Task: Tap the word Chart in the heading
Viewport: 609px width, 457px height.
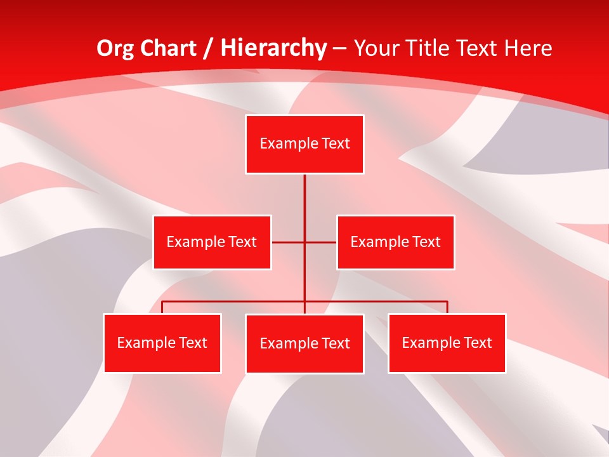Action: click(168, 48)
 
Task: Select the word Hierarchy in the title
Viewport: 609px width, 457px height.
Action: click(273, 48)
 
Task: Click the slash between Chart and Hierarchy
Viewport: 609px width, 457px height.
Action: click(208, 48)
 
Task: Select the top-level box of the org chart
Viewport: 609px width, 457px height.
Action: click(304, 144)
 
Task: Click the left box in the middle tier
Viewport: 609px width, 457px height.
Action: click(212, 242)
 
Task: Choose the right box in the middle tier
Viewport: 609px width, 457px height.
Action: click(395, 242)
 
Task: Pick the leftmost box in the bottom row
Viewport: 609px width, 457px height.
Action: click(162, 343)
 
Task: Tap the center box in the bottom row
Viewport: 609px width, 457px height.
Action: click(304, 343)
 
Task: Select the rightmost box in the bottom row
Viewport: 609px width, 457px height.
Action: click(447, 343)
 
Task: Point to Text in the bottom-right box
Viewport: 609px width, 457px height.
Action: click(477, 343)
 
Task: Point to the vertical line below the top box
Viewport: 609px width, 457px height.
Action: click(304, 203)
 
